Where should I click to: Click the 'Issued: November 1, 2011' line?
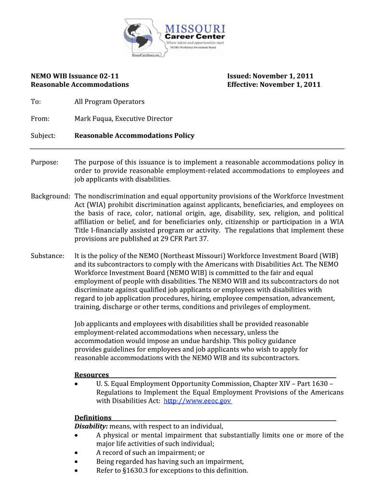click(270, 76)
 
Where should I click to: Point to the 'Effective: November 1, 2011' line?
click(274, 85)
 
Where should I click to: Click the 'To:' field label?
click(36, 102)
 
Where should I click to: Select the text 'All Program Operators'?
click(109, 102)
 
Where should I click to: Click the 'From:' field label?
click(40, 119)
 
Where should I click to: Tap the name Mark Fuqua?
click(93, 119)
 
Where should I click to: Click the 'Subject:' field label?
click(43, 136)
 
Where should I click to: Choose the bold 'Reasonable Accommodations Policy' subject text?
click(134, 136)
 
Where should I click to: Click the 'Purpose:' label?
click(45, 162)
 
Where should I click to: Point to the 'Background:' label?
click(51, 196)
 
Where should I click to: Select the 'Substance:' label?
click(48, 255)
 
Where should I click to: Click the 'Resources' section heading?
click(92, 375)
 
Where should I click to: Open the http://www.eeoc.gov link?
click(198, 401)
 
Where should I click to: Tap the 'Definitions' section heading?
click(93, 418)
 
